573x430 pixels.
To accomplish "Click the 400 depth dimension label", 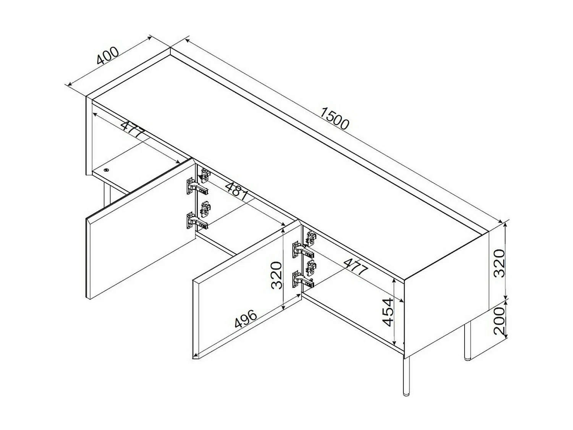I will click(108, 56).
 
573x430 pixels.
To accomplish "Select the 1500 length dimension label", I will click(335, 118).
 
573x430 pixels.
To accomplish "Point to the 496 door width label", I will click(246, 318).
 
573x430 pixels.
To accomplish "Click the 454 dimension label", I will click(388, 312).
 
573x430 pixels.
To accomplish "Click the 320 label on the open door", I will click(276, 275).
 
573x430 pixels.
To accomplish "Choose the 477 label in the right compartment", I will click(355, 267).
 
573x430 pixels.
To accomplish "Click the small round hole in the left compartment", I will click(107, 170).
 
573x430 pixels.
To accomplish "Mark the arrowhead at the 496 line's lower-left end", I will click(195, 357).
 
